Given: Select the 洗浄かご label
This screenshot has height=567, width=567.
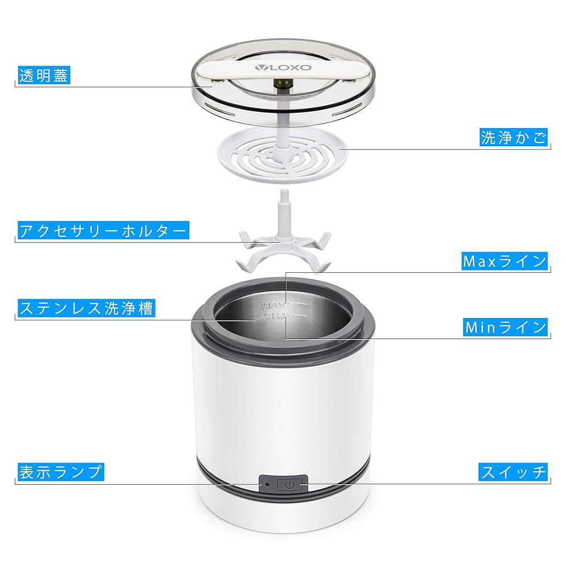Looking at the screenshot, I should click(x=514, y=138).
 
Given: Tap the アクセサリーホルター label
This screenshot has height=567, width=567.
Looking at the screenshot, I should click(x=103, y=231).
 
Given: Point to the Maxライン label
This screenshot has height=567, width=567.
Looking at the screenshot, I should click(x=505, y=261).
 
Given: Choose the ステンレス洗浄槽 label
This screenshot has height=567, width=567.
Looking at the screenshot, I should click(x=86, y=308).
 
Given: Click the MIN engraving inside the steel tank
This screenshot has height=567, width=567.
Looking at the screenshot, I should click(x=272, y=316).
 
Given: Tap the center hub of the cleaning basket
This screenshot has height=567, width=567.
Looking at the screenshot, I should click(x=282, y=151).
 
